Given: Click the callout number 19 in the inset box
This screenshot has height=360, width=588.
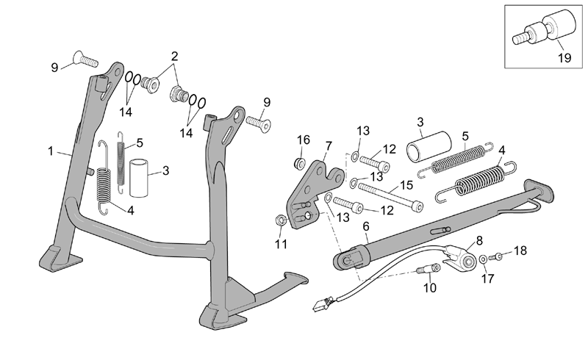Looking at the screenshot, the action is [564, 58].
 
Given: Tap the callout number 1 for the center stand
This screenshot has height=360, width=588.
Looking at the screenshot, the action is [51, 151].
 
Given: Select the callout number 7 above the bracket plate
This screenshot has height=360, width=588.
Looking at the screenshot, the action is [329, 146].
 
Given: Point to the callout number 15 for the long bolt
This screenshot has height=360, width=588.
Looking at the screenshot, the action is [406, 185].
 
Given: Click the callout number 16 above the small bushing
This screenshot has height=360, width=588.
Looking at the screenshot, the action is [304, 140].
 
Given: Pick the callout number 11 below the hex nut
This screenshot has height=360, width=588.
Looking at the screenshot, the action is [281, 244].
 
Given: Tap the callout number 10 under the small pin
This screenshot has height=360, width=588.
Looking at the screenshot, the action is [430, 287].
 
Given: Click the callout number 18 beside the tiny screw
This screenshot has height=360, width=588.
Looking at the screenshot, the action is [520, 251].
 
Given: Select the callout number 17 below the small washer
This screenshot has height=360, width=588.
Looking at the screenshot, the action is [487, 278].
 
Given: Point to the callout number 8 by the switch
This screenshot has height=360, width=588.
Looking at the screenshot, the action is [480, 240].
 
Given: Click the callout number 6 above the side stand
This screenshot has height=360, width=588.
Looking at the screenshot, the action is [366, 226].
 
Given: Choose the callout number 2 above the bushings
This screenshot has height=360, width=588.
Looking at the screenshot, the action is [174, 57].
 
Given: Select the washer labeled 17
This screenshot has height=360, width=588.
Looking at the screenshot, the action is [484, 259].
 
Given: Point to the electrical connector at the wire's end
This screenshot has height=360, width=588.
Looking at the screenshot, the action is [321, 303].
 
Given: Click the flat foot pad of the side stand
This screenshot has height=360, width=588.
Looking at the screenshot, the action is [539, 190].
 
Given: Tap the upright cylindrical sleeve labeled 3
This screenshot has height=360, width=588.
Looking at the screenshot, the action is [139, 178].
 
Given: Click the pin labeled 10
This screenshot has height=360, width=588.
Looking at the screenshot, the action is [429, 268].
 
